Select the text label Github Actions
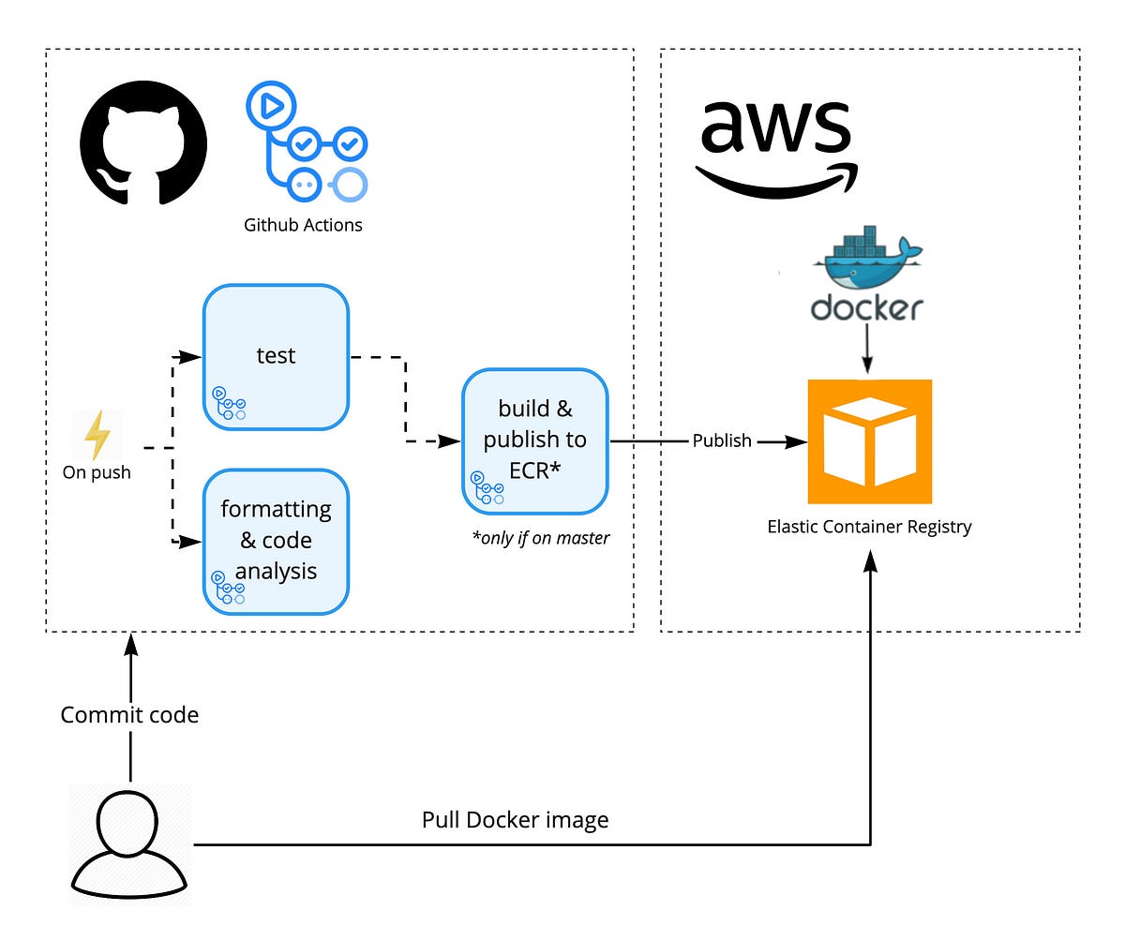(x=303, y=225)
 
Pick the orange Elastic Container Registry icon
(x=869, y=441)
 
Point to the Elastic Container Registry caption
(x=869, y=527)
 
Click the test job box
(x=276, y=357)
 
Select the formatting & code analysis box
(x=276, y=542)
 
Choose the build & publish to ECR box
(x=535, y=440)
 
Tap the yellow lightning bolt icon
(x=97, y=434)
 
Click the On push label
(x=97, y=472)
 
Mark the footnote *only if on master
(x=541, y=538)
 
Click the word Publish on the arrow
(x=721, y=440)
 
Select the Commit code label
(x=129, y=715)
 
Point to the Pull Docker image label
(x=515, y=820)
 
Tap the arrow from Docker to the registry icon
(x=867, y=351)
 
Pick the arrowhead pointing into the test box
(x=193, y=357)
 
